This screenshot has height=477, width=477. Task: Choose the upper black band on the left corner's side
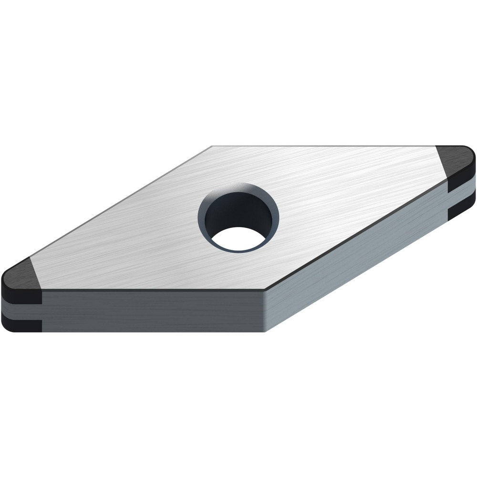click(x=21, y=296)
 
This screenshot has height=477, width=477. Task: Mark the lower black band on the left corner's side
click(x=21, y=325)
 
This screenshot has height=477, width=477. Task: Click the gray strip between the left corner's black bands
click(x=21, y=311)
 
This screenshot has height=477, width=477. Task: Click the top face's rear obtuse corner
click(x=212, y=146)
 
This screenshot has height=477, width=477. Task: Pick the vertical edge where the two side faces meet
click(x=265, y=310)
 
